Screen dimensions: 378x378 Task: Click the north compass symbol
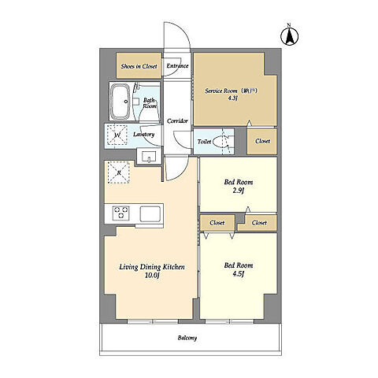pyautogui.click(x=290, y=36)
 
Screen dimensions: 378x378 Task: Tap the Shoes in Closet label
pyautogui.click(x=139, y=66)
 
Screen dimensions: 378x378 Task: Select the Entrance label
pyautogui.click(x=177, y=65)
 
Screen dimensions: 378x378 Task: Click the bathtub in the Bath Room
pyautogui.click(x=120, y=102)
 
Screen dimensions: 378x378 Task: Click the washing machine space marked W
pyautogui.click(x=117, y=135)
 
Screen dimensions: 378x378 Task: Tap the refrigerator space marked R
pyautogui.click(x=119, y=172)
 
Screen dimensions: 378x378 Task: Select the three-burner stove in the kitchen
pyautogui.click(x=120, y=213)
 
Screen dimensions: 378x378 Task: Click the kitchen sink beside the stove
pyautogui.click(x=150, y=214)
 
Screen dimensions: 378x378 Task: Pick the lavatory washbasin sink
pyautogui.click(x=149, y=157)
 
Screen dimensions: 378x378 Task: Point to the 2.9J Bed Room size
pyautogui.click(x=239, y=191)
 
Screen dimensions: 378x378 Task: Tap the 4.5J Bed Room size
pyautogui.click(x=239, y=274)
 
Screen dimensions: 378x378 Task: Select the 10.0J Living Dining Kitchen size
pyautogui.click(x=152, y=276)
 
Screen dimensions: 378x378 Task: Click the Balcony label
pyautogui.click(x=187, y=338)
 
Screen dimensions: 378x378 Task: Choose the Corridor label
pyautogui.click(x=177, y=121)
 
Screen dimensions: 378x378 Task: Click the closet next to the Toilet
pyautogui.click(x=262, y=141)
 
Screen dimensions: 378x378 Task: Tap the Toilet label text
pyautogui.click(x=204, y=142)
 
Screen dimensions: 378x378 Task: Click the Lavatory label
pyautogui.click(x=143, y=135)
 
